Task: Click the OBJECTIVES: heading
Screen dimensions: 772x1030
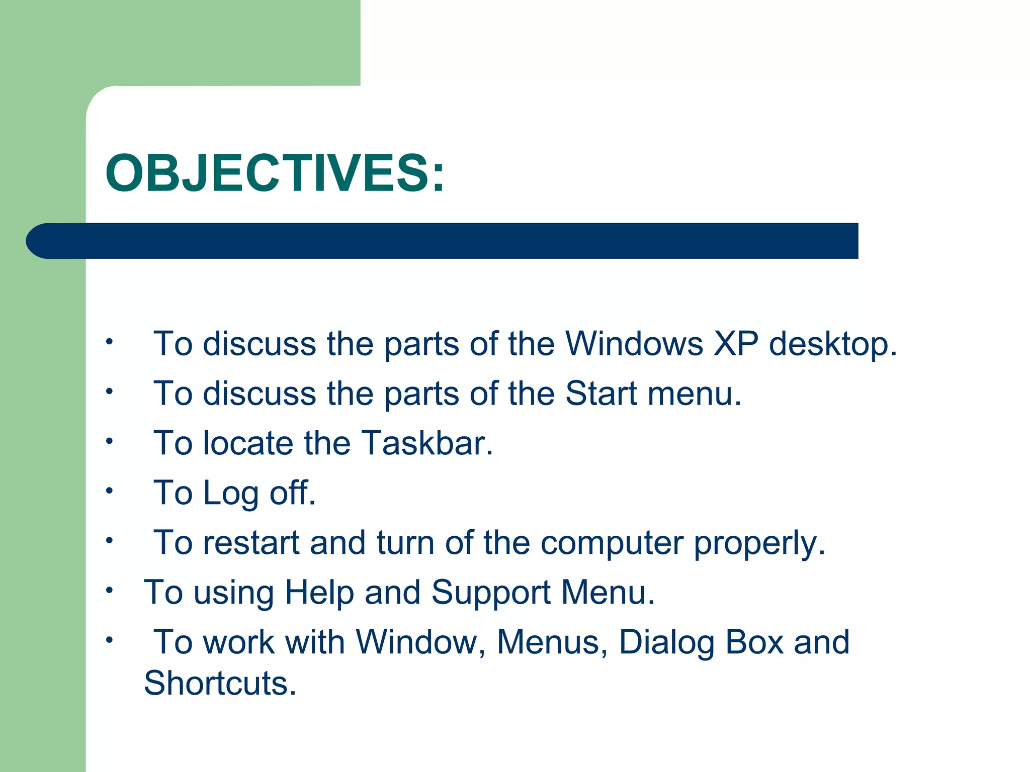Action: [x=275, y=173]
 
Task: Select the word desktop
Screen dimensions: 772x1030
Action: [x=832, y=345]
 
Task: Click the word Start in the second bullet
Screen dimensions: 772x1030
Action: [x=601, y=393]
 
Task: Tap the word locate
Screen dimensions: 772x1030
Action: [x=248, y=443]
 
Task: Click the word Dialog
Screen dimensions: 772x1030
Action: [x=666, y=643]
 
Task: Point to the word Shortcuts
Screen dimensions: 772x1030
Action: [x=220, y=683]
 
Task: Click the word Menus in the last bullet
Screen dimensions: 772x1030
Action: [x=552, y=643]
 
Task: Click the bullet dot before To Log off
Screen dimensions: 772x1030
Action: [x=109, y=491]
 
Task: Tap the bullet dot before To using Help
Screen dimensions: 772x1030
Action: [x=109, y=590]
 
